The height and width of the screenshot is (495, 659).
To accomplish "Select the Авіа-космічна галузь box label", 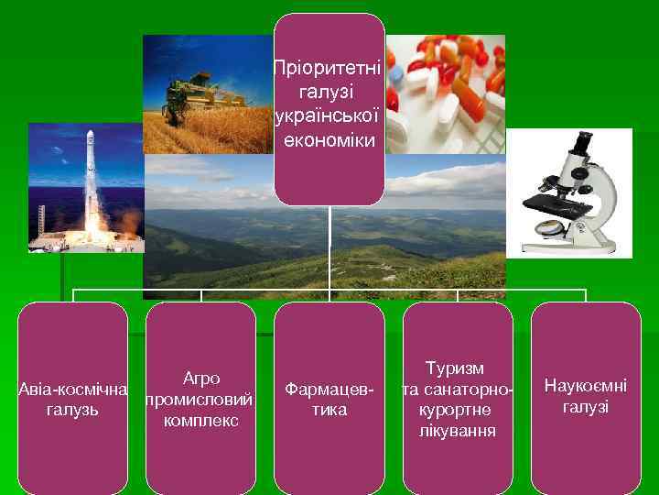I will click(73, 399).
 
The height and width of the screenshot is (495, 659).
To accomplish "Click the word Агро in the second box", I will click(201, 378).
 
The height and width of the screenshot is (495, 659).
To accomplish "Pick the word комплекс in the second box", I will click(201, 420).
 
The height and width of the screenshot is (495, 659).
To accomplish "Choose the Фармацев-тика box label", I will click(329, 399).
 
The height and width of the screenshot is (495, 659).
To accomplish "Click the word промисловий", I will click(201, 399).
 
